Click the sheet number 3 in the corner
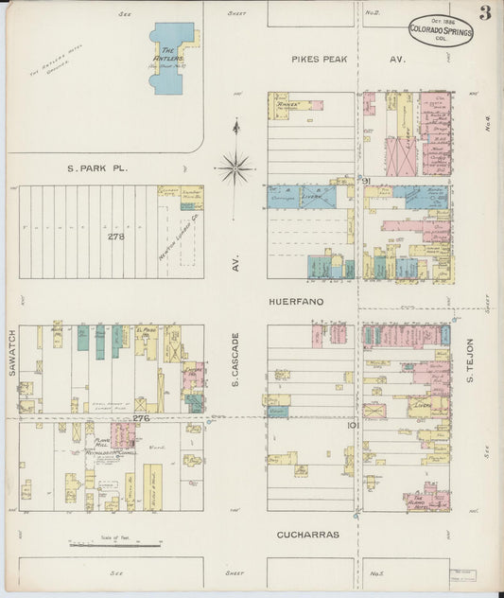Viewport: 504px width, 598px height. [484, 12]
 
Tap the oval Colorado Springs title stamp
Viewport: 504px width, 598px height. [441, 31]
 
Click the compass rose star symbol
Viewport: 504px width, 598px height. [235, 167]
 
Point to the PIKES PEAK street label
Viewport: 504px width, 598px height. [320, 60]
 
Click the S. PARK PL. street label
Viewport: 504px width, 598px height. [97, 168]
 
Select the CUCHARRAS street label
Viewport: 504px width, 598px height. [307, 535]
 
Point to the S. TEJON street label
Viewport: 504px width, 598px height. [469, 361]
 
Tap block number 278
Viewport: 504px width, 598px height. [115, 236]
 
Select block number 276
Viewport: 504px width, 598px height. [141, 417]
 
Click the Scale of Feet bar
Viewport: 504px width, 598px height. [113, 545]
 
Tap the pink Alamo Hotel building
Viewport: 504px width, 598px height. [428, 497]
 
